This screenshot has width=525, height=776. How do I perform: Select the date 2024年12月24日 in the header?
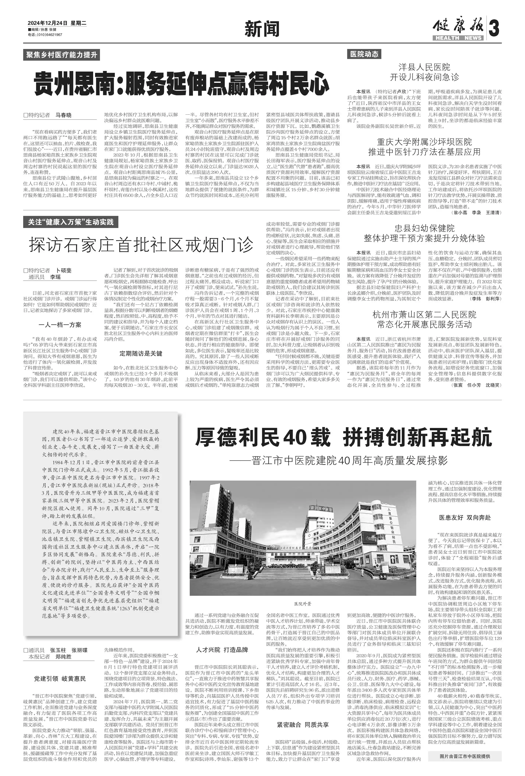point(47,23)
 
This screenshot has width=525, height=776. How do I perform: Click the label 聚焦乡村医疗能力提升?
point(61,55)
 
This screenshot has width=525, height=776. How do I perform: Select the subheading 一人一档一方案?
point(60,324)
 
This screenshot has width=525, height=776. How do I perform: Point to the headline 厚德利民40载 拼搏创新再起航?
point(343,438)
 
